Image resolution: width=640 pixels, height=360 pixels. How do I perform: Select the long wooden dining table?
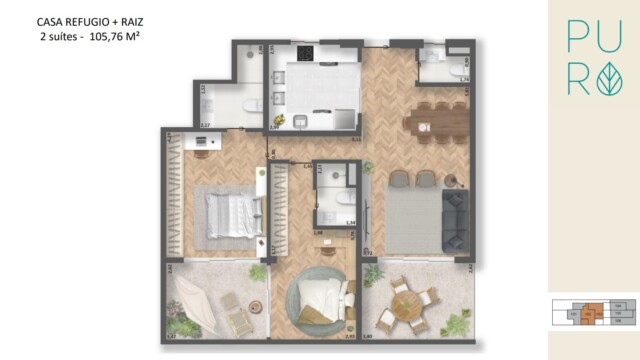(x=438, y=123)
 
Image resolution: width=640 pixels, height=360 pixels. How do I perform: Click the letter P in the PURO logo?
(x=580, y=37)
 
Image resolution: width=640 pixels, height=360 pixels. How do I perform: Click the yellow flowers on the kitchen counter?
(x=300, y=120)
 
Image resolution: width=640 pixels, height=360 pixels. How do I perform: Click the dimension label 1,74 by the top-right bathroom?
(x=463, y=80)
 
